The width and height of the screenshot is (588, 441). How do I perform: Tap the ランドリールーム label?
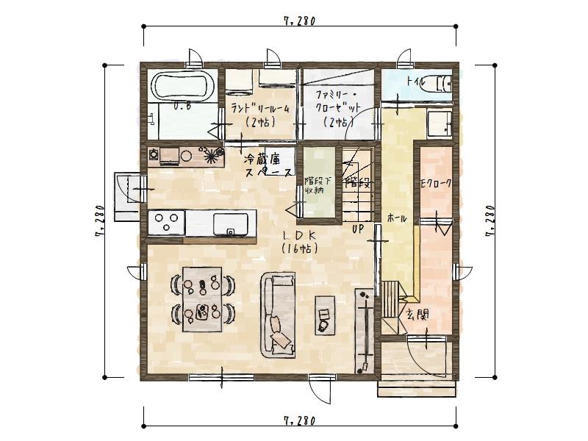(259, 115)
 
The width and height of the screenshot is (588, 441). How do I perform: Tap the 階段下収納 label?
(318, 184)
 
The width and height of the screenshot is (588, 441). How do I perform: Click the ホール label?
(397, 219)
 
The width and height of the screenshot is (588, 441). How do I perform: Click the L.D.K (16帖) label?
(299, 242)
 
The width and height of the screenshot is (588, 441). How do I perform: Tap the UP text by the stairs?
(359, 229)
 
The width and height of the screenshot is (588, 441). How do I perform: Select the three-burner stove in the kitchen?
(166, 222)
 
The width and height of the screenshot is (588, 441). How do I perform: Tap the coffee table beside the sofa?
(325, 314)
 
